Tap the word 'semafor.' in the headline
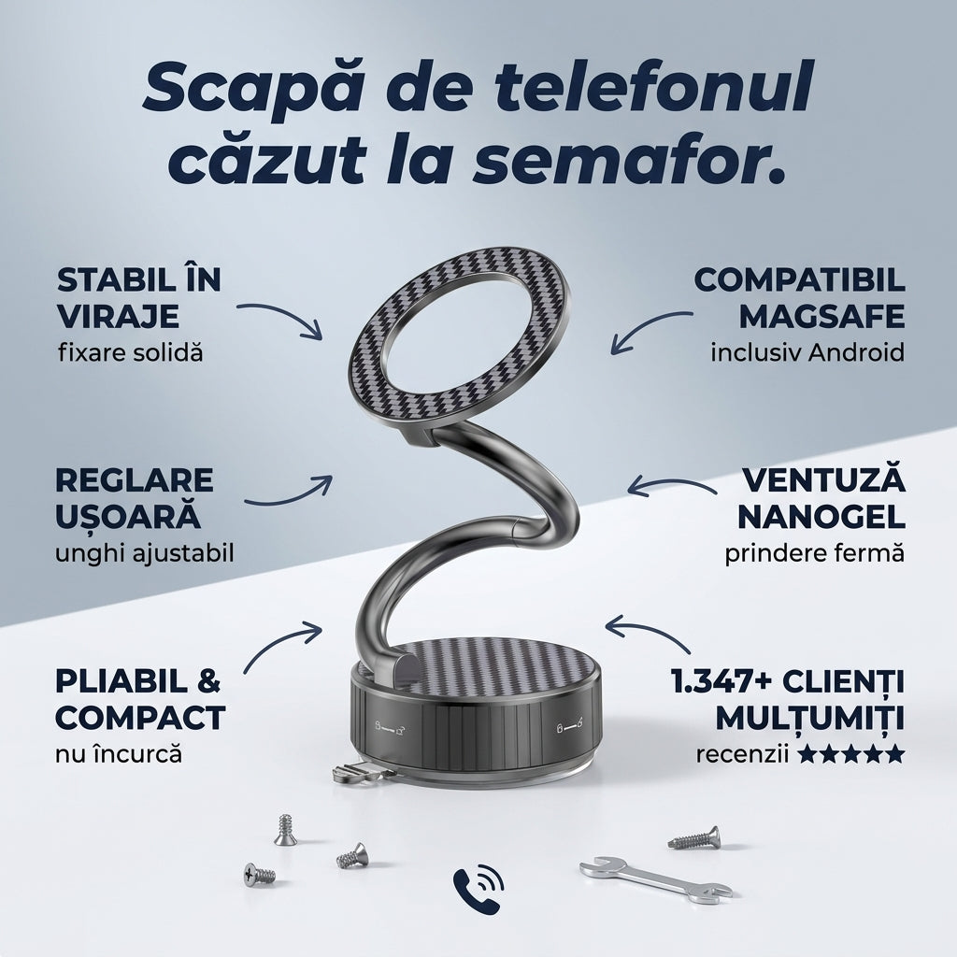[629, 161]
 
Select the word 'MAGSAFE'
[821, 316]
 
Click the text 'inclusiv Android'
[807, 352]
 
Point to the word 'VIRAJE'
[118, 316]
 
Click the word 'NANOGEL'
[821, 517]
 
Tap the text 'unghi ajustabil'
[145, 554]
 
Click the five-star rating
[850, 754]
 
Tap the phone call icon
[478, 889]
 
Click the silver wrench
[655, 878]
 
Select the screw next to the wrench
[694, 838]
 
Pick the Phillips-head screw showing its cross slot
[259, 875]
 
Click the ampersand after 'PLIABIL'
[208, 681]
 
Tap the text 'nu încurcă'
[119, 754]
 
